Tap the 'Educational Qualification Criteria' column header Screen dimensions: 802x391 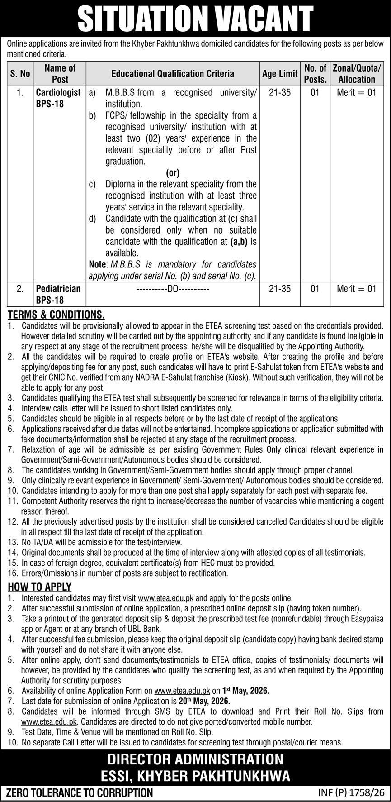tap(173, 74)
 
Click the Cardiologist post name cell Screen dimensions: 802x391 tap(58, 98)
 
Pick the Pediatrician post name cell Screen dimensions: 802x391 tap(58, 294)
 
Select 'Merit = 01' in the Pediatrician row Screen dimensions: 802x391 tap(357, 289)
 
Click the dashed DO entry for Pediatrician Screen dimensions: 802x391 tap(173, 289)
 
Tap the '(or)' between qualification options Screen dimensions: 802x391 tap(173, 172)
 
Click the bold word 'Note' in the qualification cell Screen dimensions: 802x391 tap(97, 264)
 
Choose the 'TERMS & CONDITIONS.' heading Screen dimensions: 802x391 tap(56, 315)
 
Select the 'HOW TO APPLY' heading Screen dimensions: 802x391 tap(40, 587)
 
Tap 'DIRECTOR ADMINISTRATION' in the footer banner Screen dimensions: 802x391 tap(195, 759)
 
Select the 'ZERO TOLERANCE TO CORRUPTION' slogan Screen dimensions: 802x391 tap(79, 792)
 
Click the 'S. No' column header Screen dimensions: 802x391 tap(20, 74)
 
